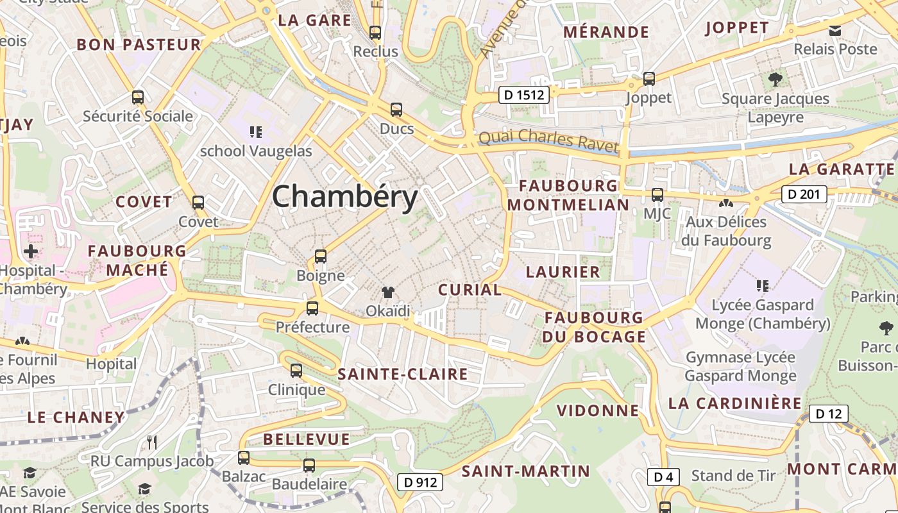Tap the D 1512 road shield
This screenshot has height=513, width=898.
[524, 96]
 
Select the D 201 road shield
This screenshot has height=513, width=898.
[804, 194]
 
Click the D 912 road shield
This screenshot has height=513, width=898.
[420, 482]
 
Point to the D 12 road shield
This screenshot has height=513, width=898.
[828, 414]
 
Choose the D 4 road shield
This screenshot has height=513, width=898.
[663, 476]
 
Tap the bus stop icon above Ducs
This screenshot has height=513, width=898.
[396, 110]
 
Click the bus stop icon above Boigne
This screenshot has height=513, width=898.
[321, 256]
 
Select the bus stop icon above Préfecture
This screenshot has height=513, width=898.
[312, 308]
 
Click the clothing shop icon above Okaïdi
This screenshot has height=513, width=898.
[388, 292]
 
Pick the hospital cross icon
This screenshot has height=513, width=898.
[30, 251]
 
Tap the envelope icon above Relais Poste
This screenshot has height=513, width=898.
[835, 30]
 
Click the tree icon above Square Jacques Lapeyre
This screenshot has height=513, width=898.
[775, 80]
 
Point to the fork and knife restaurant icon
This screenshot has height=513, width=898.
[152, 442]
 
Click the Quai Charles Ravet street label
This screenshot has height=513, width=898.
[548, 142]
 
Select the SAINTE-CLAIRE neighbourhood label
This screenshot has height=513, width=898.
[403, 374]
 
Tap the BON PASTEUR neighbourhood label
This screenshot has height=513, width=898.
[139, 44]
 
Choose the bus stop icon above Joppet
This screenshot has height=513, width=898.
[649, 79]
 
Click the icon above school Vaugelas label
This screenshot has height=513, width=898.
[256, 132]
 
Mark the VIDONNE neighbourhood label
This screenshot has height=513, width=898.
[598, 410]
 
